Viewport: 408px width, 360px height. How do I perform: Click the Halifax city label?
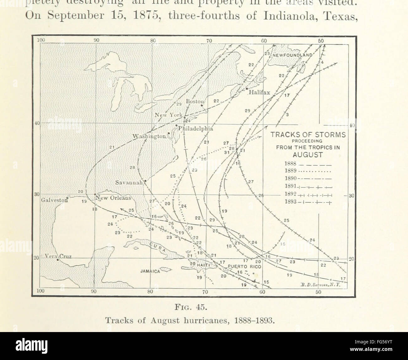click(x=259, y=93)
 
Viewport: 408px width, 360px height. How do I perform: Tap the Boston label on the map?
click(x=195, y=101)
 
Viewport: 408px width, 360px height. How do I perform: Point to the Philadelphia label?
click(x=196, y=128)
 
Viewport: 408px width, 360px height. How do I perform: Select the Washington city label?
click(x=149, y=136)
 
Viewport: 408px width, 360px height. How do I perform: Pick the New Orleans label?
click(x=113, y=198)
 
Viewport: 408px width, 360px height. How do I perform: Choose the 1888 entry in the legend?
click(x=291, y=163)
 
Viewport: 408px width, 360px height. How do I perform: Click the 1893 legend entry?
click(x=291, y=202)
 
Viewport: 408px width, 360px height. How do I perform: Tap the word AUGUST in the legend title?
click(x=308, y=155)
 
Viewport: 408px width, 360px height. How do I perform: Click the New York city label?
click(x=168, y=115)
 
